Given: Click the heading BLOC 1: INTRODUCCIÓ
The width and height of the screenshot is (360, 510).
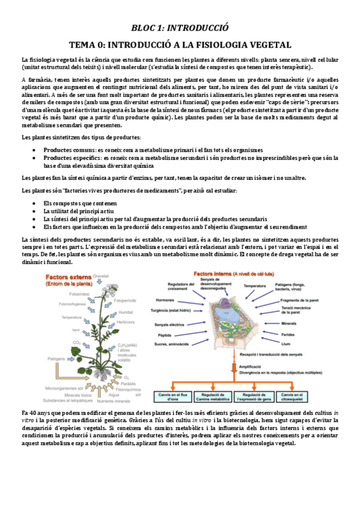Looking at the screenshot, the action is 180,28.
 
